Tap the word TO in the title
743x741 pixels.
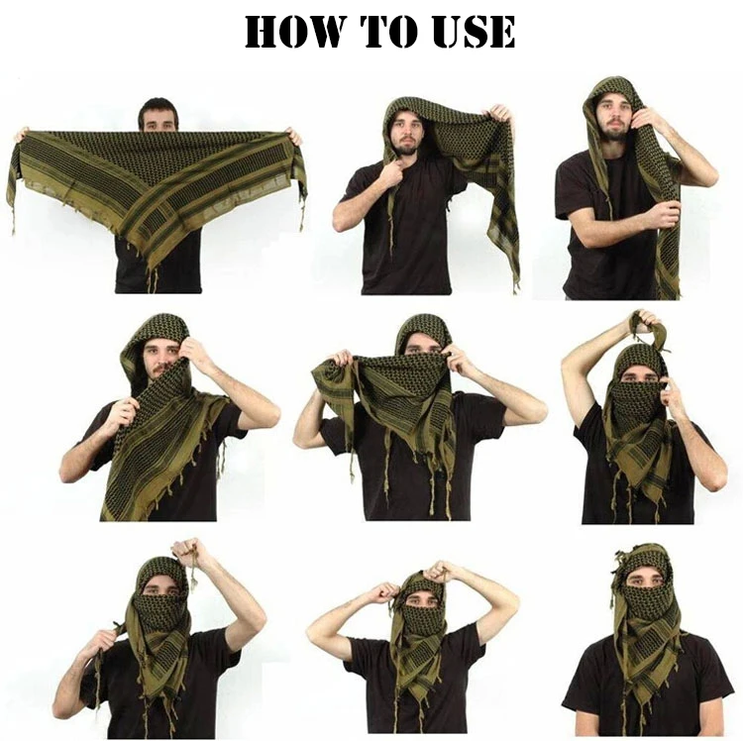coord(401,32)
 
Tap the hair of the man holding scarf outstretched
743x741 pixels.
coord(159,107)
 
